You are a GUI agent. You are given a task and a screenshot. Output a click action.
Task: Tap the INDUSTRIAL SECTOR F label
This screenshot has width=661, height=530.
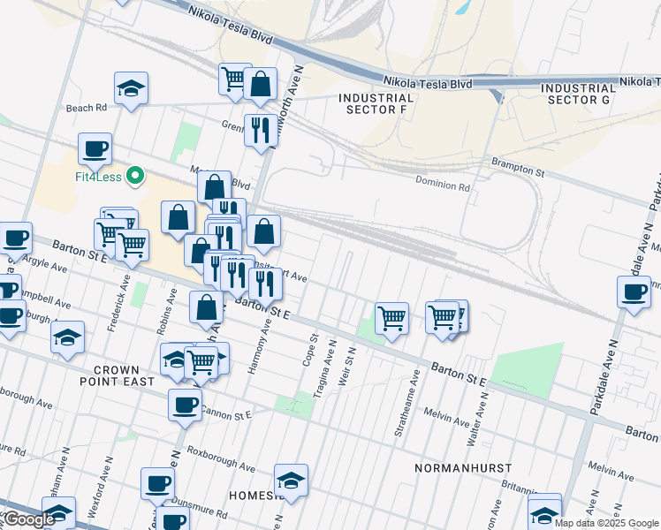click(x=376, y=103)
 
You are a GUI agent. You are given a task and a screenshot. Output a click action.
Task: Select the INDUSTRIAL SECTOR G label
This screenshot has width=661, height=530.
click(x=579, y=94)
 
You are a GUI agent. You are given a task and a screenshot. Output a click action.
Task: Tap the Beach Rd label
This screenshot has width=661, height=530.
click(x=86, y=108)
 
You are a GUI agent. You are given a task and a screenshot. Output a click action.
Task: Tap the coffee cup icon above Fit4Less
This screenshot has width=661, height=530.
click(x=95, y=148)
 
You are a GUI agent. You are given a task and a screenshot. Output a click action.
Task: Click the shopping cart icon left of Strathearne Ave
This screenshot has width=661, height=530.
click(x=391, y=317)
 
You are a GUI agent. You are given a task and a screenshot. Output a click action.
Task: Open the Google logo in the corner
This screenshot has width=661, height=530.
click(x=29, y=519)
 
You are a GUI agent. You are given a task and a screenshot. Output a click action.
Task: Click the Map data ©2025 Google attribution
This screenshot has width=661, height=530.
click(x=606, y=523)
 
